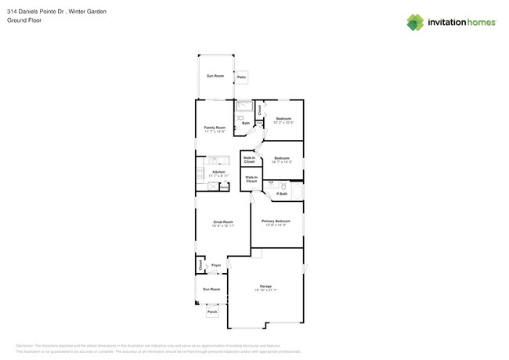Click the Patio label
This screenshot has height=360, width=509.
[x=242, y=77]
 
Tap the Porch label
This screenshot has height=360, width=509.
[x=212, y=312]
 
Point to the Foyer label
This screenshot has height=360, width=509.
[x=216, y=265]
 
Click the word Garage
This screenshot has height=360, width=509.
[x=265, y=286]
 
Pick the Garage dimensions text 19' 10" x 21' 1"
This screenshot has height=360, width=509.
[x=265, y=290]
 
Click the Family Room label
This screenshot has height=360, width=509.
[x=215, y=128]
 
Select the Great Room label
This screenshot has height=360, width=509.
[x=223, y=221]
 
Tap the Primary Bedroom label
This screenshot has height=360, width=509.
[x=276, y=221]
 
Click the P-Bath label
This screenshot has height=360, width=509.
[x=282, y=194]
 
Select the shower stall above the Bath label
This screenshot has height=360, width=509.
[x=244, y=106]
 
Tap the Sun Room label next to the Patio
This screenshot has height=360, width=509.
[x=215, y=76]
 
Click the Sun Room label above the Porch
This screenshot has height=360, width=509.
[x=211, y=289]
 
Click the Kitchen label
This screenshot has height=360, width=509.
[x=218, y=171]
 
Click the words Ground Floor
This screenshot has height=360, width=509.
[x=23, y=21]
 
